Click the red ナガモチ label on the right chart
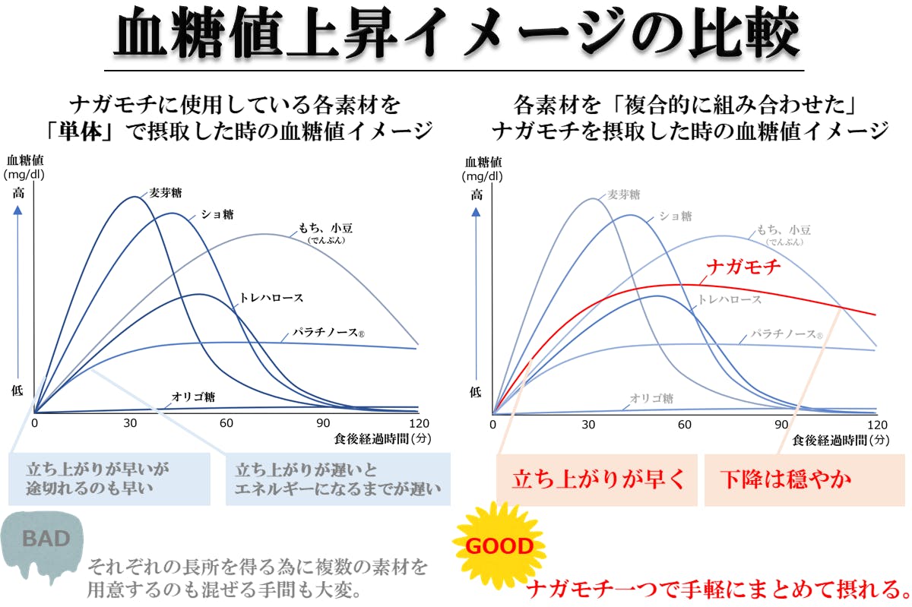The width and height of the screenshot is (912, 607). (744, 267)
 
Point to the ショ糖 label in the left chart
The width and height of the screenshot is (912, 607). (217, 214)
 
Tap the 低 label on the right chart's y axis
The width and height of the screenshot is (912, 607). (476, 392)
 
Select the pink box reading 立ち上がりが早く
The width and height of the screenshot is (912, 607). (597, 480)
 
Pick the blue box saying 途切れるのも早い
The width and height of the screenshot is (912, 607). (109, 479)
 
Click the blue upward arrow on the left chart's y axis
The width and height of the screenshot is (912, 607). (19, 289)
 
